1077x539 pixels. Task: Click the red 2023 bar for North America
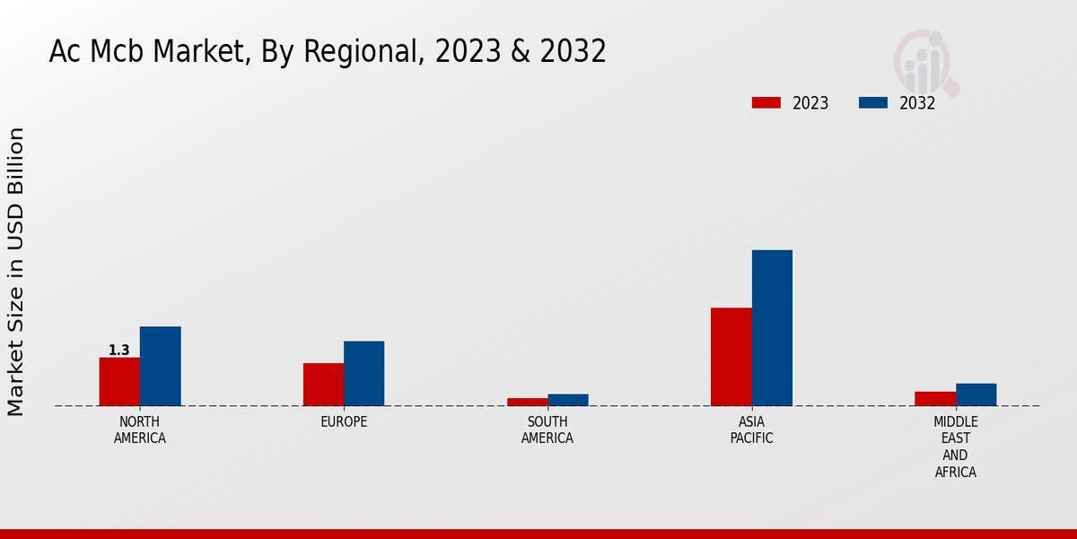click(119, 382)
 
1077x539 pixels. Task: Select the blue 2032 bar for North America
click(161, 367)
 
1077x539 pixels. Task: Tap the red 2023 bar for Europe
click(323, 384)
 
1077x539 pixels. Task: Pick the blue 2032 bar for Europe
click(364, 374)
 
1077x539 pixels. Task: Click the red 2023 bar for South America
click(527, 402)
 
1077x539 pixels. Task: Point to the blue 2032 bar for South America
click(568, 400)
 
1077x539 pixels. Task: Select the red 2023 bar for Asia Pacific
click(731, 357)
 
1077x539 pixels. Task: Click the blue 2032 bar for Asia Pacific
click(772, 328)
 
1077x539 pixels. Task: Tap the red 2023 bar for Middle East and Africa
click(935, 399)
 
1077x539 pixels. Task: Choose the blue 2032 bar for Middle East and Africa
click(976, 394)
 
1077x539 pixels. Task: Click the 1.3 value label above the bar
click(119, 350)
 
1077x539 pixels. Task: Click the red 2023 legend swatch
click(766, 102)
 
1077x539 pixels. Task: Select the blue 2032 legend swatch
click(873, 102)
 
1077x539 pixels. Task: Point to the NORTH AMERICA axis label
click(140, 430)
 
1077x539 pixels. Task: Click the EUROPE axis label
click(344, 422)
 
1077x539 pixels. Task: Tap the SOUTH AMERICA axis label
click(547, 430)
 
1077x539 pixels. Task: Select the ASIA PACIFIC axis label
click(751, 430)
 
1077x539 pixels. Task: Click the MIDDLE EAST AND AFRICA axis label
click(956, 446)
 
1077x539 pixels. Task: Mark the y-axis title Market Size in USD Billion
click(16, 271)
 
